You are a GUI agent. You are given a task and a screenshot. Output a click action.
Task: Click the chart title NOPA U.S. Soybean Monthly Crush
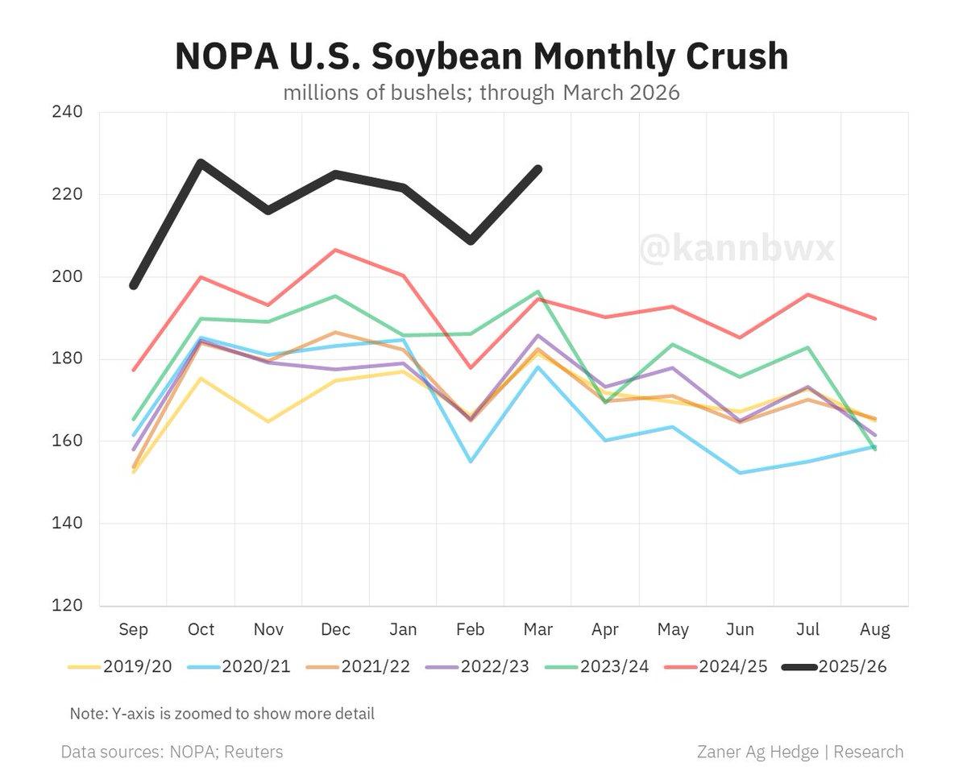tap(481, 56)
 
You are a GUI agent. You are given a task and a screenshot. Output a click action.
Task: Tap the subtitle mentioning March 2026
tap(481, 93)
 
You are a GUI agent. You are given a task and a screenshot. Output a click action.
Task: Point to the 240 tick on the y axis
tap(67, 112)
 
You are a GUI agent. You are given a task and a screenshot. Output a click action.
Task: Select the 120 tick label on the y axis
tap(67, 606)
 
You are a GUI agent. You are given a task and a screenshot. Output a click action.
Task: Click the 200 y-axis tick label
tap(67, 276)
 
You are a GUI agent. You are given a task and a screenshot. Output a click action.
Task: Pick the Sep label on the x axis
tap(133, 629)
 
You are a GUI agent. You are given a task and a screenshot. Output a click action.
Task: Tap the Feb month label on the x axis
tap(470, 629)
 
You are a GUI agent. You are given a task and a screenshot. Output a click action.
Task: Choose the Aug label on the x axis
tap(874, 629)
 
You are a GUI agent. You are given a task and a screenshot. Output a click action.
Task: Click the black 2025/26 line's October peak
tap(201, 163)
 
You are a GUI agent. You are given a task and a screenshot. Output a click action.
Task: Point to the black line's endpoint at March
tap(537, 169)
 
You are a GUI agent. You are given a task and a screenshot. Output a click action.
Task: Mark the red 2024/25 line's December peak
tap(335, 250)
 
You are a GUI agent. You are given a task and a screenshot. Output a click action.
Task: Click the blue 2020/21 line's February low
tap(470, 461)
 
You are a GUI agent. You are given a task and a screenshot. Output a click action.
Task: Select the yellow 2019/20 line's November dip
tap(268, 421)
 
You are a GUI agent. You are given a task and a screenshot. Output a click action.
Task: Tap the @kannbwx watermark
tap(737, 249)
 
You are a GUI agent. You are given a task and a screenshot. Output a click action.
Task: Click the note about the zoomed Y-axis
tap(222, 714)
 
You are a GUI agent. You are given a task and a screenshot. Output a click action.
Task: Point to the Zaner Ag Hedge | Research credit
tap(799, 752)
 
